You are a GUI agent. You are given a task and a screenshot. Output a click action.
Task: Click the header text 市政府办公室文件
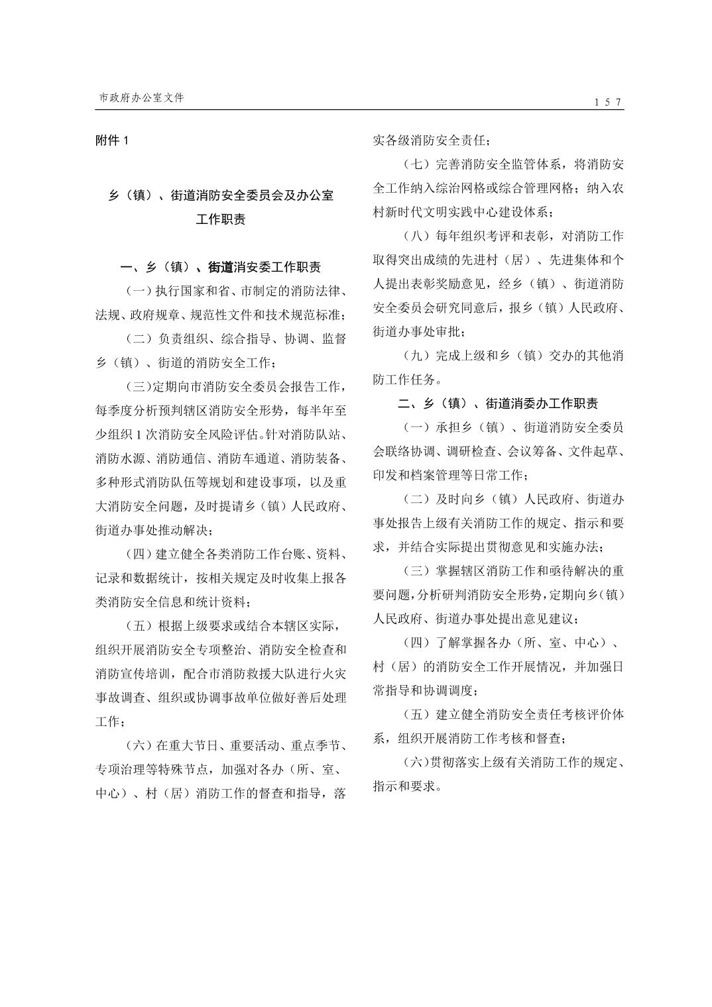[141, 97]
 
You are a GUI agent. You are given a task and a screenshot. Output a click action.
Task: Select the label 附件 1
[110, 140]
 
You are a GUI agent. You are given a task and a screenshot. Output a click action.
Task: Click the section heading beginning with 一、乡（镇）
[221, 267]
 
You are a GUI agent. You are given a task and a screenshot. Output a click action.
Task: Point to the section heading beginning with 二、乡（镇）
[498, 403]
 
